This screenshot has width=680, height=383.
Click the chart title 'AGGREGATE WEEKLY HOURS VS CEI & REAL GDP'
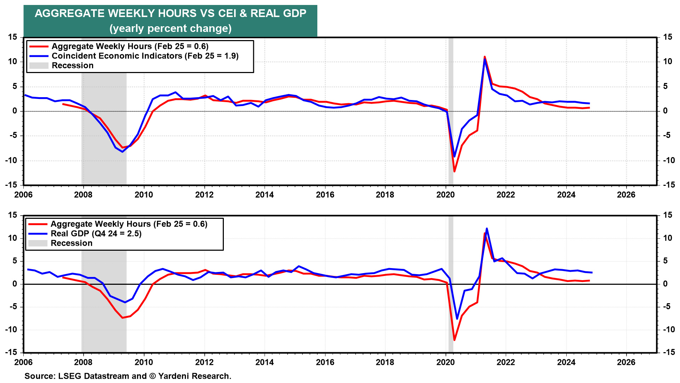click(x=170, y=13)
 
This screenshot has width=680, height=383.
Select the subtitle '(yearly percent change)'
click(x=170, y=28)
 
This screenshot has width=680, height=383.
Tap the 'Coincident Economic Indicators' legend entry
click(x=145, y=56)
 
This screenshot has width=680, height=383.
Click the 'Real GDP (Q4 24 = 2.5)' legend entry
click(x=96, y=234)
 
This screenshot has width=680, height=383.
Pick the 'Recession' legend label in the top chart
click(x=73, y=66)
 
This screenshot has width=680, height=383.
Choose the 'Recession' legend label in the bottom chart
click(x=72, y=243)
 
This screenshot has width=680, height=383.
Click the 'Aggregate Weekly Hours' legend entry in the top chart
click(x=130, y=46)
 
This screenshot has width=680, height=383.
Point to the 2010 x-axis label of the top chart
click(x=144, y=195)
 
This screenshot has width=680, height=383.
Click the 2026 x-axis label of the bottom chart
click(x=626, y=362)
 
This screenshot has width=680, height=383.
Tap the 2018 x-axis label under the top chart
click(x=385, y=195)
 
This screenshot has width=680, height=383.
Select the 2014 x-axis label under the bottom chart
click(x=265, y=362)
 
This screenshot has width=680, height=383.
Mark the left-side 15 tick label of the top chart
click(x=13, y=37)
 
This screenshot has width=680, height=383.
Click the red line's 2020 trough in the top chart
click(x=454, y=172)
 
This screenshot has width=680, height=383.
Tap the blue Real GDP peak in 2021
click(x=487, y=228)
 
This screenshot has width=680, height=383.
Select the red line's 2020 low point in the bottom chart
click(x=454, y=340)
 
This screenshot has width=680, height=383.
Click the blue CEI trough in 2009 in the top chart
click(x=123, y=152)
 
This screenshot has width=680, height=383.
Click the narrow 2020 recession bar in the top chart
click(x=451, y=106)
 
